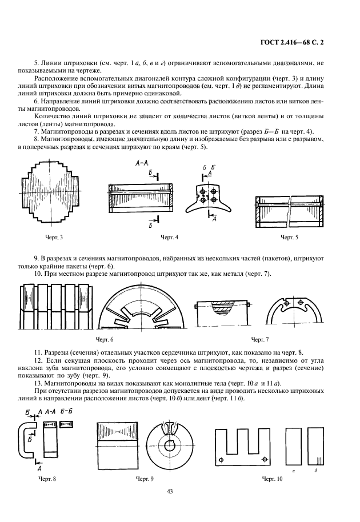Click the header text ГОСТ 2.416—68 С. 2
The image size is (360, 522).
294,42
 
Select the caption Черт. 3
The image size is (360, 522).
54,236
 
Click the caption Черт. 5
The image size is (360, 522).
289,236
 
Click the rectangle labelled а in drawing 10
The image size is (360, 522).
293,447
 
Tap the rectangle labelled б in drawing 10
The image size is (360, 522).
316,447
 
